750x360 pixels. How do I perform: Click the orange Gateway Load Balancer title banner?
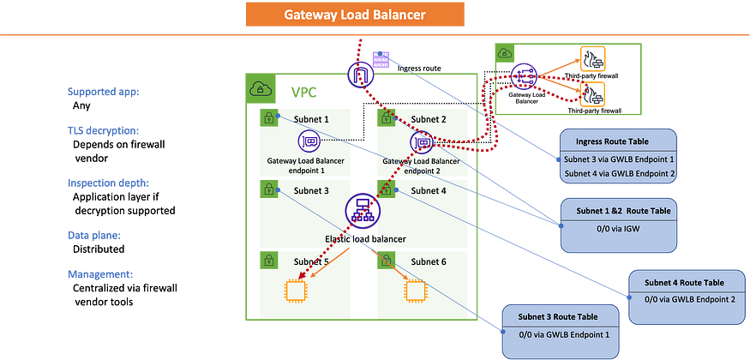pyautogui.click(x=355, y=15)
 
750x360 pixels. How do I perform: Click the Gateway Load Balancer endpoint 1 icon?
pyautogui.click(x=309, y=141)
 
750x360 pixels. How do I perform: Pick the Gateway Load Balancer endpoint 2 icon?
pyautogui.click(x=421, y=142)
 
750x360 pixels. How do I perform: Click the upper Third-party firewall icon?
pyautogui.click(x=592, y=59)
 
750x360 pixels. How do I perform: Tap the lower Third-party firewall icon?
pyautogui.click(x=592, y=94)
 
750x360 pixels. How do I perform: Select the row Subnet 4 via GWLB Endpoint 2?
pyautogui.click(x=620, y=174)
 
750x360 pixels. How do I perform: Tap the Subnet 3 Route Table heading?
pyautogui.click(x=558, y=317)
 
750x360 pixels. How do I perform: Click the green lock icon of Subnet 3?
pyautogui.click(x=269, y=189)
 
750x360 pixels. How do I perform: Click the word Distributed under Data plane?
pyautogui.click(x=99, y=249)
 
